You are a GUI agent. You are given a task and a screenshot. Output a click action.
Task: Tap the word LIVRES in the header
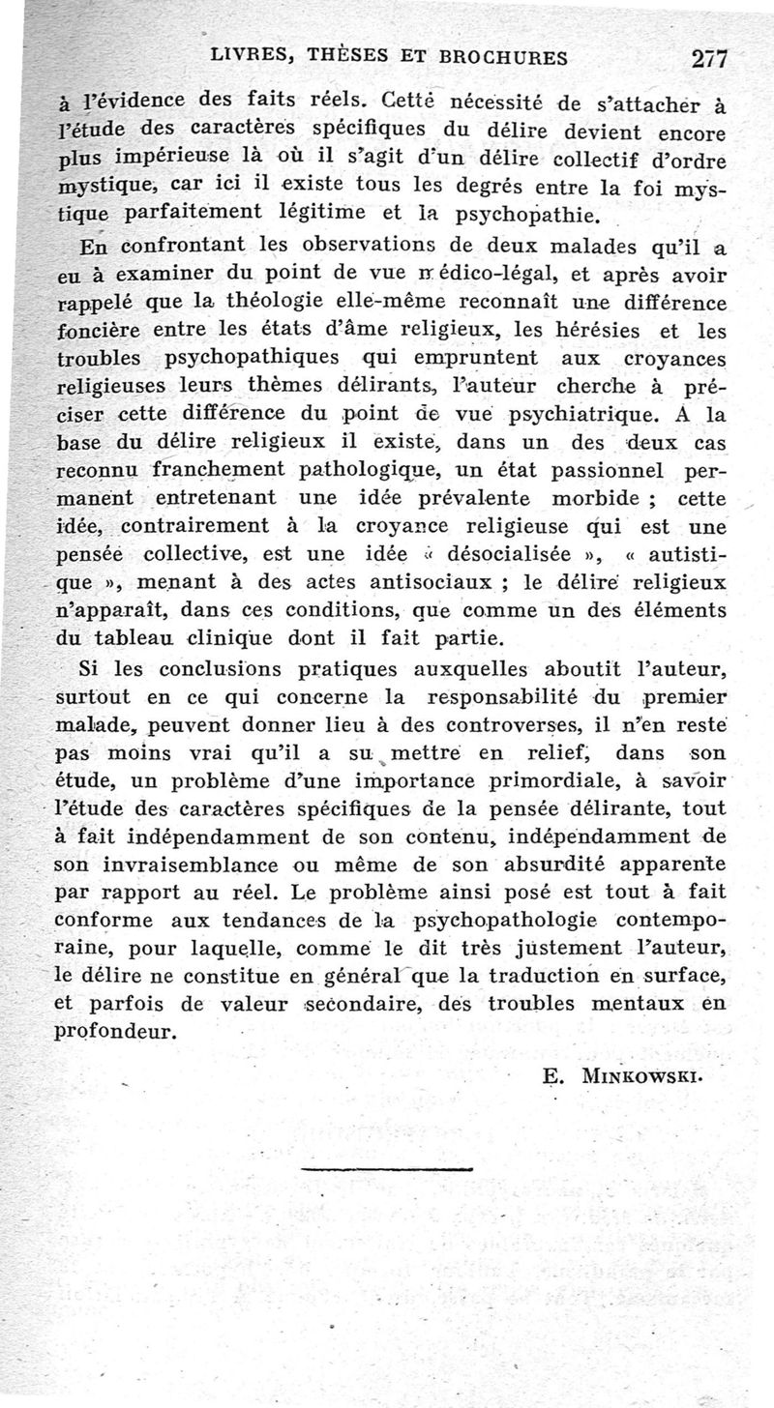[x=253, y=57]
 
